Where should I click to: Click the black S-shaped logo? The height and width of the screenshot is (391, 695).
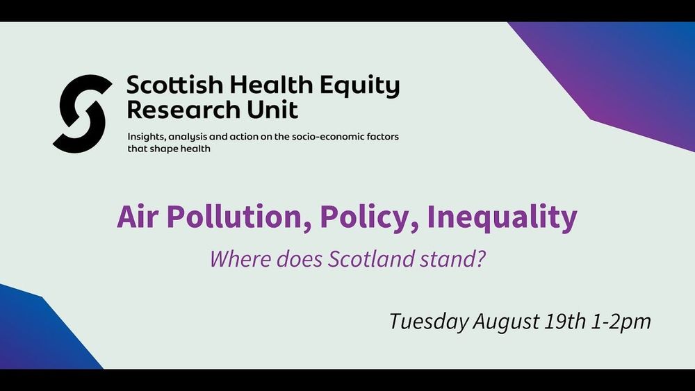(82, 114)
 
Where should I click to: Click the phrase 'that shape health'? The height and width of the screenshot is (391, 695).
(169, 149)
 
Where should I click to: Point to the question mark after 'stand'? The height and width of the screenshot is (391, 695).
(482, 259)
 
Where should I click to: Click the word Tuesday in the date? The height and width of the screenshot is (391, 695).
(429, 322)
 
